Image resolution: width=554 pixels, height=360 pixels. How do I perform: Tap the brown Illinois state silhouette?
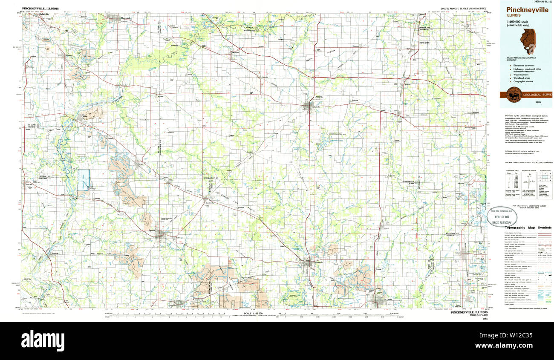coord(528,42)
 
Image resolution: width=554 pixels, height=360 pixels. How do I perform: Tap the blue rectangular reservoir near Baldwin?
coord(84,179)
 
